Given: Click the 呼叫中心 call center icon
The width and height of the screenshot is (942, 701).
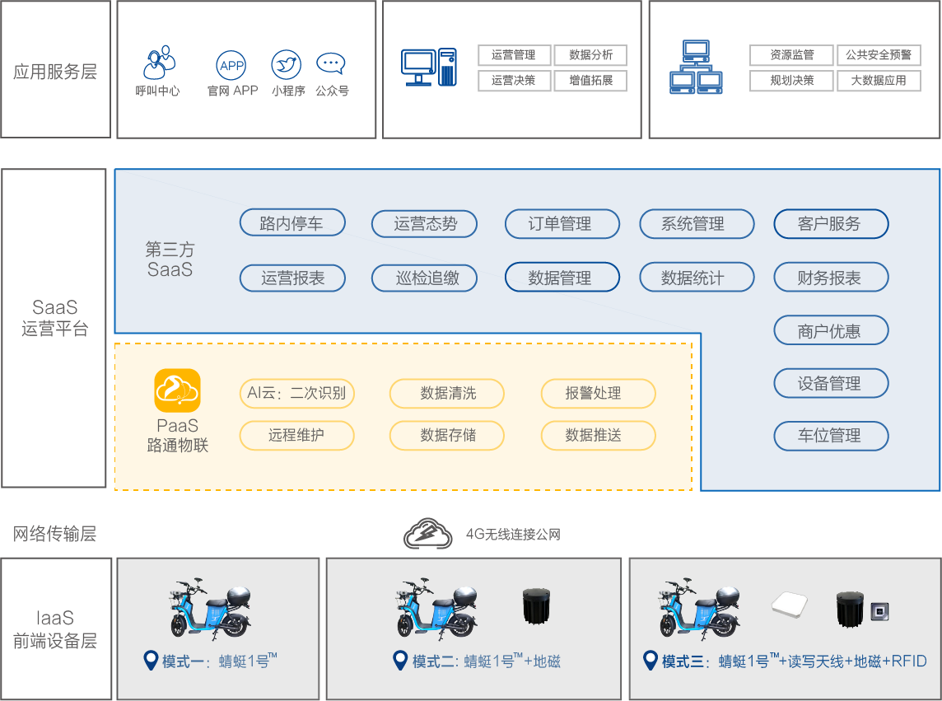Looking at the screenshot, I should pyautogui.click(x=160, y=62).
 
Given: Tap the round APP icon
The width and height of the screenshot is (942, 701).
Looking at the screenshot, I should pyautogui.click(x=231, y=64).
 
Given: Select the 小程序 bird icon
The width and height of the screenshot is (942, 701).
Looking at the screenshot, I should pyautogui.click(x=286, y=64).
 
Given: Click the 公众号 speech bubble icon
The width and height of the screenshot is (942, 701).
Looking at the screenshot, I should pyautogui.click(x=331, y=63).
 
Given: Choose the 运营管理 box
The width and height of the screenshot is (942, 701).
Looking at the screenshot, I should pyautogui.click(x=514, y=55).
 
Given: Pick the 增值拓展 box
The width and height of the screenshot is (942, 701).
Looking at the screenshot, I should pyautogui.click(x=590, y=81).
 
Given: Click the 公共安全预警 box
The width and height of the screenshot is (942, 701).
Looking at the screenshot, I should pyautogui.click(x=879, y=55).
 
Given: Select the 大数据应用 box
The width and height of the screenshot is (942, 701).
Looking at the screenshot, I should pyautogui.click(x=879, y=81).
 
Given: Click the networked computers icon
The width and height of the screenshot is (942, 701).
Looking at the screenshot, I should pyautogui.click(x=696, y=67).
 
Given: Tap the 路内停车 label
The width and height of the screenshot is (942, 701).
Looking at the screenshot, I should pyautogui.click(x=291, y=223).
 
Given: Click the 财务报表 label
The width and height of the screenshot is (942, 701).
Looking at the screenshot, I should pyautogui.click(x=829, y=278).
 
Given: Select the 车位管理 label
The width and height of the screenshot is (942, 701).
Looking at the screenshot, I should pyautogui.click(x=829, y=436).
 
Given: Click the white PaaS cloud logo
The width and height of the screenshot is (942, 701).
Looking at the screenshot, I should pyautogui.click(x=177, y=390).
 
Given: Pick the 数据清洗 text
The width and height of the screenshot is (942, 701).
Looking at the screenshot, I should pyautogui.click(x=448, y=393).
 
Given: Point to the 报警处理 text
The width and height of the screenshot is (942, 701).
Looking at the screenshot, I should pyautogui.click(x=593, y=393).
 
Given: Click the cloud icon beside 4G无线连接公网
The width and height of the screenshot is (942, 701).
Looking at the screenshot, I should pyautogui.click(x=427, y=534).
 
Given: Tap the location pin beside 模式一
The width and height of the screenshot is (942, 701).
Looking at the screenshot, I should pyautogui.click(x=151, y=660).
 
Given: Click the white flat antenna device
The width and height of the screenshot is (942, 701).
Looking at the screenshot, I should pyautogui.click(x=794, y=605).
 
